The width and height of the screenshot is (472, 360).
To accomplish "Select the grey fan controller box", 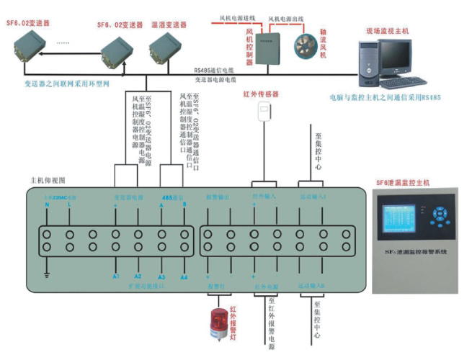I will [x=270, y=47].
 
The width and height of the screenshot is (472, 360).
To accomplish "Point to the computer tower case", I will [x=370, y=64].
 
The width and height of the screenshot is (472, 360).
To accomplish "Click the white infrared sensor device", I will [x=266, y=110].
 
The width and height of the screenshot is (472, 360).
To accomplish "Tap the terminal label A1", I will [x=115, y=276].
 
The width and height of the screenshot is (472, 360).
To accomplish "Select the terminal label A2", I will [x=138, y=276].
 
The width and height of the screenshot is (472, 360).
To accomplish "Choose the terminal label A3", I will [x=161, y=276].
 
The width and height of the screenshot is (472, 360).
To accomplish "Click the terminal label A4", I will [x=184, y=276].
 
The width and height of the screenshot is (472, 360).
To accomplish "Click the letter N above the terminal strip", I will [x=47, y=206].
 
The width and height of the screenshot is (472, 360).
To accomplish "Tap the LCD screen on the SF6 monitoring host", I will [x=401, y=218].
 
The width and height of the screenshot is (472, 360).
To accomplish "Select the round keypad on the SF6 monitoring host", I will [x=438, y=216].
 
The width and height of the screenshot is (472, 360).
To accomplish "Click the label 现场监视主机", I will [x=387, y=31].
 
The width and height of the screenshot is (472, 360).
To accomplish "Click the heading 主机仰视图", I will [x=48, y=179].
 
